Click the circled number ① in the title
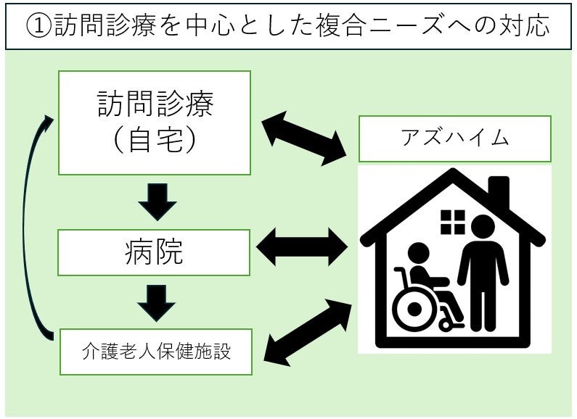click(37, 27)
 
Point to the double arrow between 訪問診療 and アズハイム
click(304, 138)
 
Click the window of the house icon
click(453, 222)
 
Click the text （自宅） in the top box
click(155, 141)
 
